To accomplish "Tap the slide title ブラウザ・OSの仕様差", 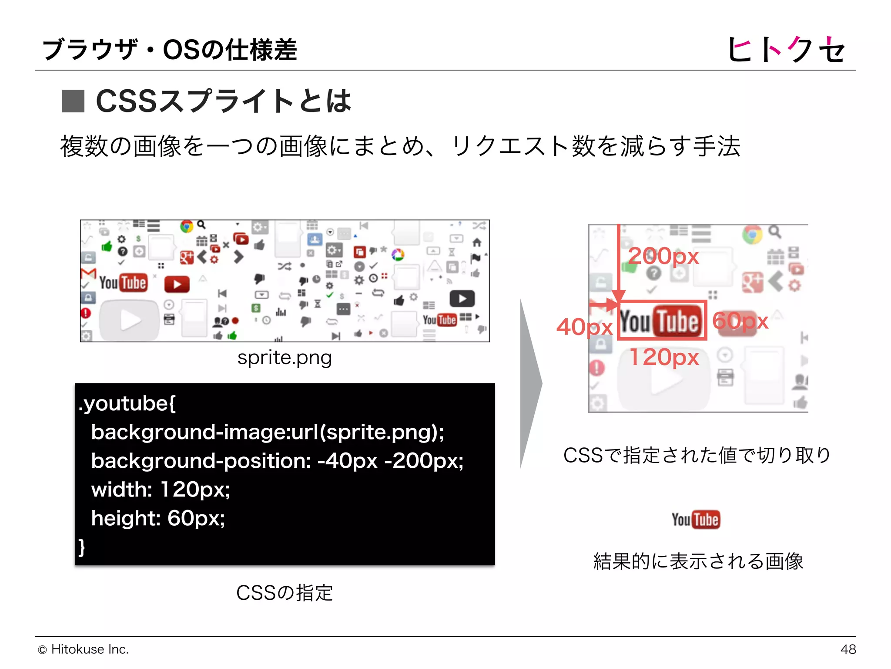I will [170, 49].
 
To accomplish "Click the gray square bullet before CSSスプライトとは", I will [73, 101].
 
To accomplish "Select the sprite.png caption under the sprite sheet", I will [285, 358].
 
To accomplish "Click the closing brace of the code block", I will [82, 547].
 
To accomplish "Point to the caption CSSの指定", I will [285, 593].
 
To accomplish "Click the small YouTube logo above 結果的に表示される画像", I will [696, 520].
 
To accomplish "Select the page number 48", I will [848, 649].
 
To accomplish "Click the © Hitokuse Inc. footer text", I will [84, 649].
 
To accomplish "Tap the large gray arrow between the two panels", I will [531, 383].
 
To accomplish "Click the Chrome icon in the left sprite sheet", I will [187, 226].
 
